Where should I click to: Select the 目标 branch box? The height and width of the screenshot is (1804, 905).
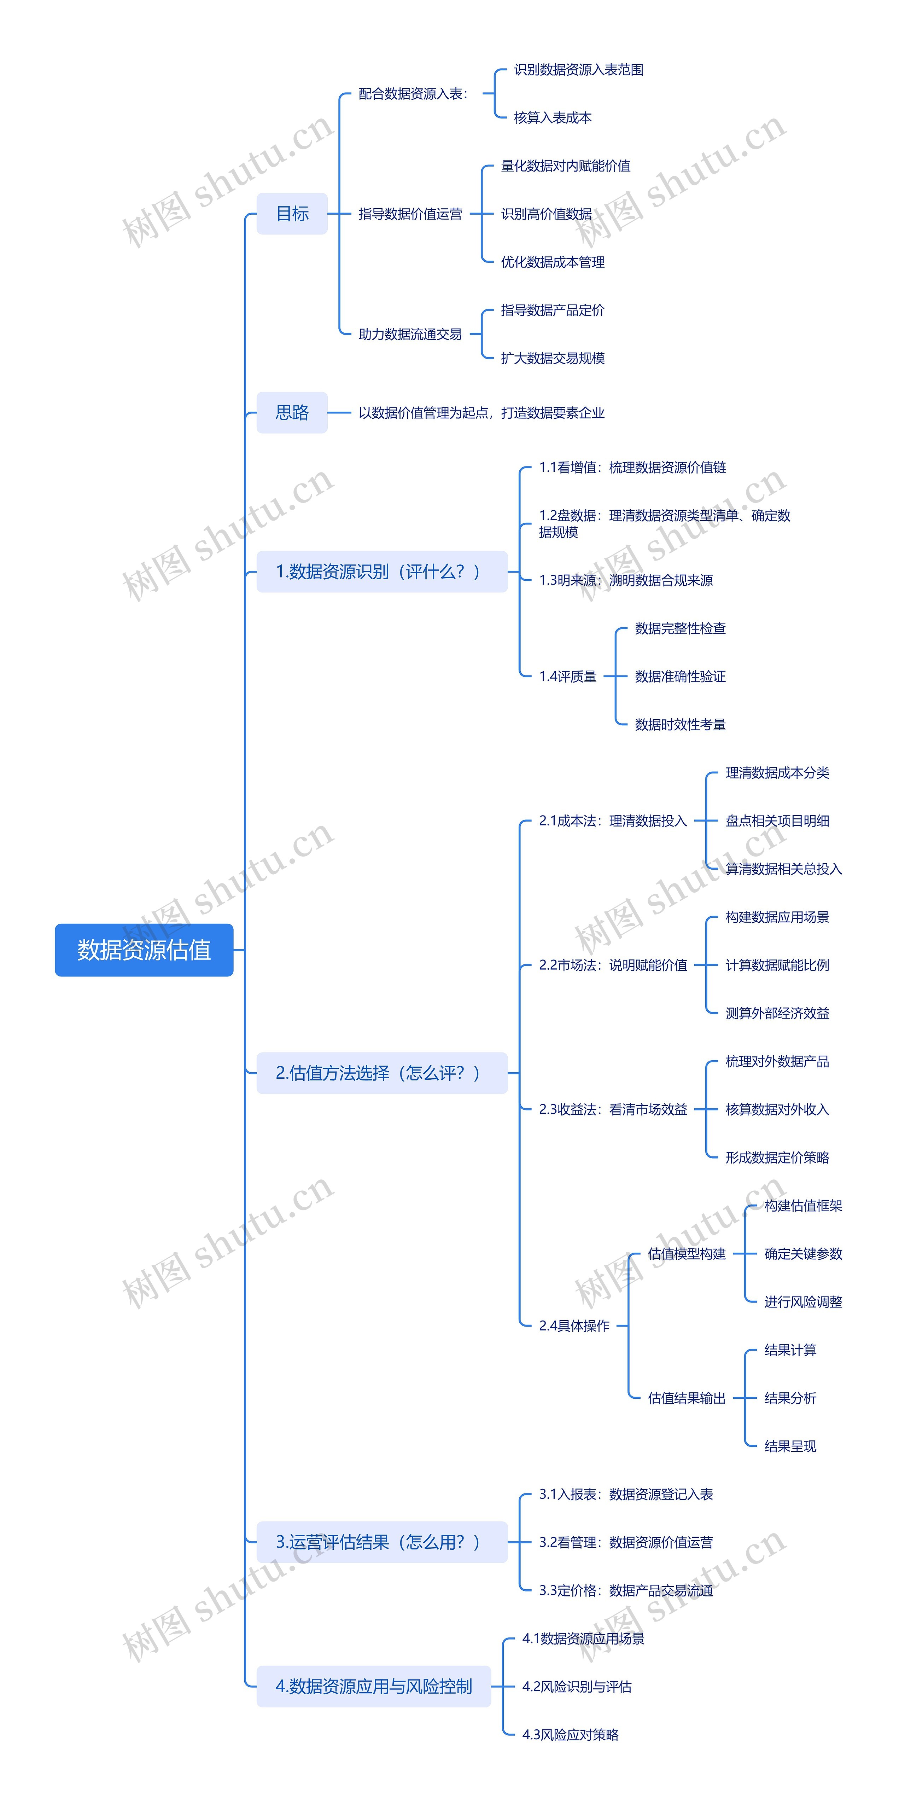click(x=292, y=214)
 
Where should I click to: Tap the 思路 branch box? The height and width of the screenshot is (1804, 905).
click(x=292, y=412)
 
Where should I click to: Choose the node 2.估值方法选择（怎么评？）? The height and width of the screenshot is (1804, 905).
click(x=381, y=1073)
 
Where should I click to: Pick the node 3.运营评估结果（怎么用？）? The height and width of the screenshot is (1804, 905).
click(x=381, y=1542)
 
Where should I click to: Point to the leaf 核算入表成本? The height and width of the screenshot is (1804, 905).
click(x=552, y=118)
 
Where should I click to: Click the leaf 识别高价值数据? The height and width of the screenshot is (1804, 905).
click(x=546, y=214)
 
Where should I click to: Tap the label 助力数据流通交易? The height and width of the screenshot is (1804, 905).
click(x=410, y=334)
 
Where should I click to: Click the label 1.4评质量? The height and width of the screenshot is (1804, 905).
click(x=568, y=677)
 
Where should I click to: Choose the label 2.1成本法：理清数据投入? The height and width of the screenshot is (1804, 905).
click(x=612, y=821)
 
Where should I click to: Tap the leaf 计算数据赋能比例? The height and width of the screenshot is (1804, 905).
click(x=777, y=965)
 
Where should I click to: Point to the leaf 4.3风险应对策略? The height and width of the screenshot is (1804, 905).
click(x=571, y=1735)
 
